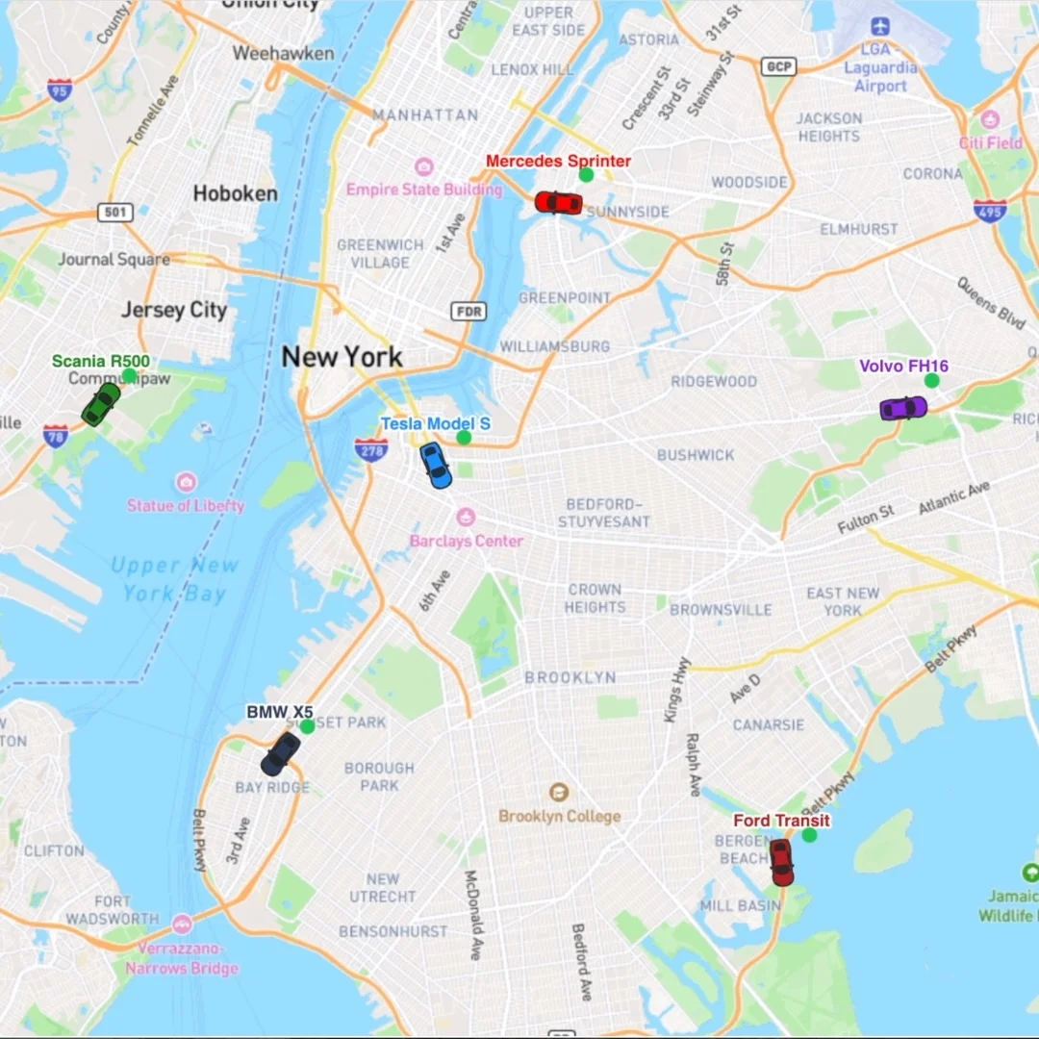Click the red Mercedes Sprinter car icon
[x=558, y=202]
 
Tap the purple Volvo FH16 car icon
[x=903, y=408]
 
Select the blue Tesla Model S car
[x=436, y=465]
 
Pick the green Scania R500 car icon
[x=101, y=404]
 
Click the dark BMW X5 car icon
[x=281, y=753]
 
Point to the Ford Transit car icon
[x=781, y=861]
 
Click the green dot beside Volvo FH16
[x=931, y=380]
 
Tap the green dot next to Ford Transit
[x=809, y=835]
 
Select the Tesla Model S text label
[x=435, y=423]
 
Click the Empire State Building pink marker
[x=423, y=167]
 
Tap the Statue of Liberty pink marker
[x=186, y=482]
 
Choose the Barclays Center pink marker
[x=466, y=518]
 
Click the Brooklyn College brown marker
[x=558, y=793]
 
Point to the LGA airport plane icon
[x=877, y=26]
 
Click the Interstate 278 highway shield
[x=371, y=449]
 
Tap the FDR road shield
[x=469, y=311]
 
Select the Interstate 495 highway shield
[x=989, y=211]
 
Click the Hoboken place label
[x=235, y=193]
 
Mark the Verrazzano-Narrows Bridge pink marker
[x=182, y=925]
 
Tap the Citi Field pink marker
[x=991, y=120]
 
